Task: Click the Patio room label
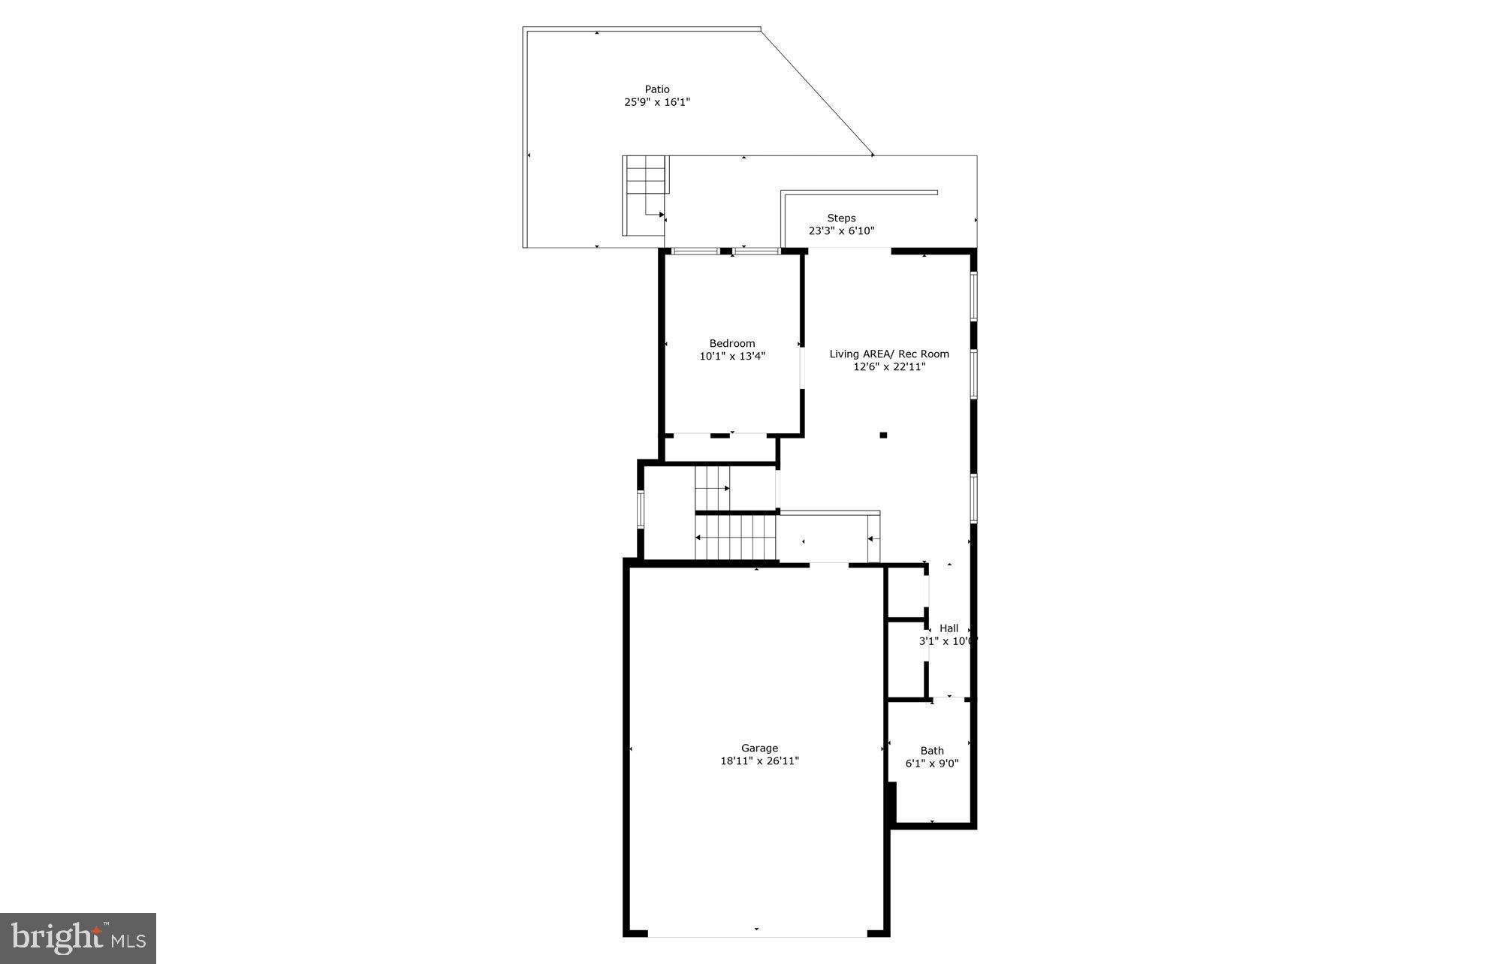tap(657, 89)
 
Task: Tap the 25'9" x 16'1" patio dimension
tap(657, 102)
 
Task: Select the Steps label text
tap(841, 218)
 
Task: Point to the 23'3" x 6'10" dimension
tap(841, 231)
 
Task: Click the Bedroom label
tap(732, 343)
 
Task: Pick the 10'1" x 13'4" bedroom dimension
tap(732, 357)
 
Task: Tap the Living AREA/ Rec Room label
tap(889, 354)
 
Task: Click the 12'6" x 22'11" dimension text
tap(889, 367)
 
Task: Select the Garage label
tap(759, 748)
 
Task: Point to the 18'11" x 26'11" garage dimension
tap(759, 761)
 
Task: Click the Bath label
tap(932, 750)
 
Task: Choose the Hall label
tap(949, 628)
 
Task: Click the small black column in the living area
tap(883, 435)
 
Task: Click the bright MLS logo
tap(77, 938)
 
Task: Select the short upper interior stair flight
tap(712, 488)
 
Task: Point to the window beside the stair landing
tap(641, 509)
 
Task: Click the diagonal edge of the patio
tap(817, 92)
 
